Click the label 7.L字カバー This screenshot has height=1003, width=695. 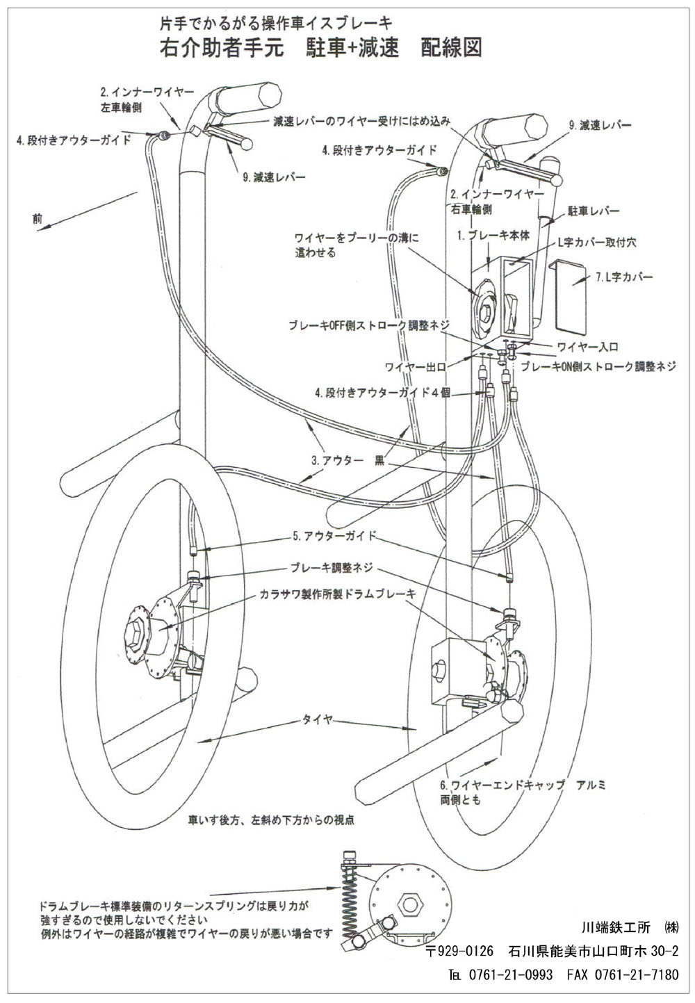coord(625,277)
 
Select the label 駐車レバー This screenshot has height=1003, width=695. coord(593,210)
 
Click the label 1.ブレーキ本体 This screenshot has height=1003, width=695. coord(493,236)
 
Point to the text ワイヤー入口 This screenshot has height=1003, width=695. coord(587,345)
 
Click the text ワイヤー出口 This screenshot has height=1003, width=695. coord(414,366)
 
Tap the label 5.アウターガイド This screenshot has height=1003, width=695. coord(334,536)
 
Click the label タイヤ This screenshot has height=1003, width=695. coord(316,720)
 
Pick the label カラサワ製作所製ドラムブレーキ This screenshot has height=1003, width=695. coord(338,594)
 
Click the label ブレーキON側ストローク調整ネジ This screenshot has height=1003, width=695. coord(598,366)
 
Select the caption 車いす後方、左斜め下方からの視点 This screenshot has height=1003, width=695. coord(271,820)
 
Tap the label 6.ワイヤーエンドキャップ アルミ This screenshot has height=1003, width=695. coord(523,785)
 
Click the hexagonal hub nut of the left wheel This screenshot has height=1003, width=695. coord(136,632)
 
